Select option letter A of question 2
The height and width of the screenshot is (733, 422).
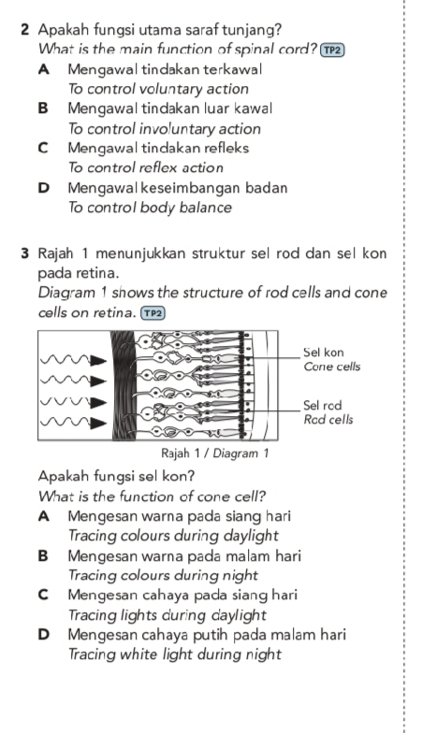click(44, 69)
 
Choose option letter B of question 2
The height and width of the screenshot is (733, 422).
click(44, 108)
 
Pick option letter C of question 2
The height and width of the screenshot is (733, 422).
click(44, 148)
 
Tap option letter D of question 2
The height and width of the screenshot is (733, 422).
click(44, 187)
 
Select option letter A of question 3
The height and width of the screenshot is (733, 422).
click(44, 515)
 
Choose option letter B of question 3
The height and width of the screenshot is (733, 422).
click(44, 555)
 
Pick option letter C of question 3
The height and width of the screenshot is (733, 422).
click(44, 595)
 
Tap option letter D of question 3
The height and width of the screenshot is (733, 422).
click(44, 634)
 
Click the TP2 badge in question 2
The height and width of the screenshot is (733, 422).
click(332, 50)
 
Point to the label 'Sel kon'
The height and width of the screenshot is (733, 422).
click(324, 352)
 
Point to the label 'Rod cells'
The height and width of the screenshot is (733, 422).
click(328, 420)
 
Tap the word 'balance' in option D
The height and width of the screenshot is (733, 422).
click(208, 208)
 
